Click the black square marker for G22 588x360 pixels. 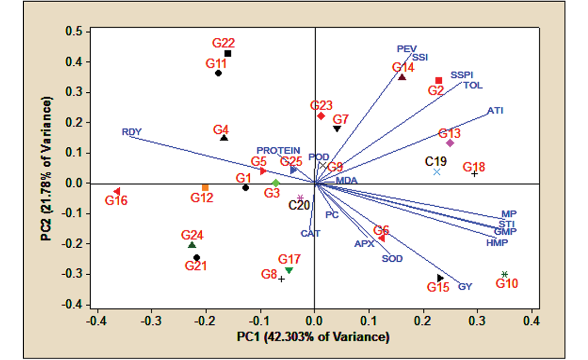point(228,53)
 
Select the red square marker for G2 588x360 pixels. point(439,80)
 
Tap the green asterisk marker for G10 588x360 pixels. point(504,274)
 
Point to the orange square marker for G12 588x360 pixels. point(205,187)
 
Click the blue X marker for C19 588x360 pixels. point(437,172)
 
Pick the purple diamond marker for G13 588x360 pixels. point(450,143)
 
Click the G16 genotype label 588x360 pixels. point(116,201)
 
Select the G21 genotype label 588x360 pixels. point(196,266)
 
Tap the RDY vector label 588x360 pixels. point(132,132)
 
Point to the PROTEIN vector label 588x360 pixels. point(278,151)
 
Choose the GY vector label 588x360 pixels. point(465,287)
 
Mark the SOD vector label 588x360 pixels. point(392,259)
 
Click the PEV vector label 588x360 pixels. point(407,49)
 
